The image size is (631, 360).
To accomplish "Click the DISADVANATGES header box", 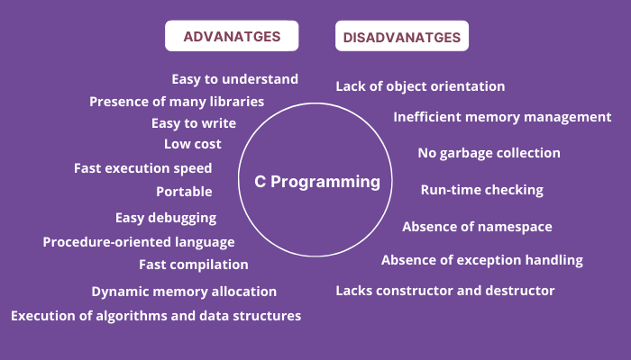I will (x=402, y=37).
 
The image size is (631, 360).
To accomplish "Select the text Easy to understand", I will (x=234, y=79).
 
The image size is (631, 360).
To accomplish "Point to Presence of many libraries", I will (x=177, y=102).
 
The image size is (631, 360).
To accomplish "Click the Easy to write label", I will (x=193, y=123).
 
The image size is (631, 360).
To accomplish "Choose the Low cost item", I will (x=192, y=144).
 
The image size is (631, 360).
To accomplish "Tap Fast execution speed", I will (x=142, y=168).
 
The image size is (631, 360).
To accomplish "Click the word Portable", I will (x=184, y=192).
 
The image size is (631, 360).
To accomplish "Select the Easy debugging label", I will (x=165, y=218).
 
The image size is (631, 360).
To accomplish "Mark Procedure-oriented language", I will (x=139, y=242).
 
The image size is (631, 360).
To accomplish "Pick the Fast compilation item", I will (x=193, y=265).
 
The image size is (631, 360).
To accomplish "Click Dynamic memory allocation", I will (x=184, y=292).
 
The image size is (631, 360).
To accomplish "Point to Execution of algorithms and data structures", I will (x=156, y=316).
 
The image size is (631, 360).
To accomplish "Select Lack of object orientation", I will (x=420, y=86).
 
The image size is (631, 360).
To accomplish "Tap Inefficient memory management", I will (x=502, y=117).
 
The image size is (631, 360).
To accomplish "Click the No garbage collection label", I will (x=489, y=153).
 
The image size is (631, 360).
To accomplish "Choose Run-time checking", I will (x=481, y=190).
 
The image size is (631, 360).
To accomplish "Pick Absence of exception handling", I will (x=481, y=260).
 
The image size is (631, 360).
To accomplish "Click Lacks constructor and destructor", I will (x=444, y=291).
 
